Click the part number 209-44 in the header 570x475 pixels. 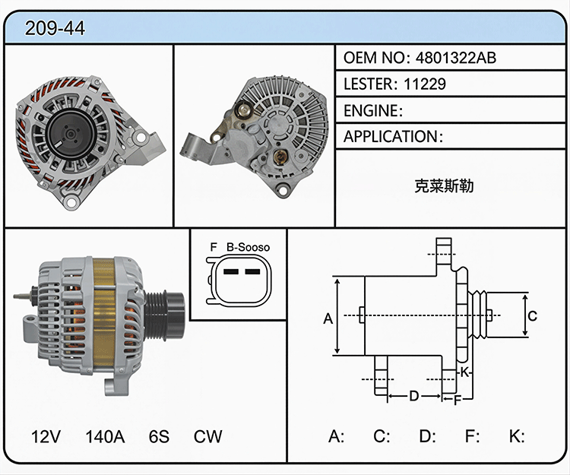[55, 28]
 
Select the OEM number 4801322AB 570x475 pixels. [456, 58]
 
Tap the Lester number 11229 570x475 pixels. [425, 84]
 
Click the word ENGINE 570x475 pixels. [371, 110]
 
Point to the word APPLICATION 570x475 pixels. [391, 137]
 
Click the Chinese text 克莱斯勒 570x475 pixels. [444, 185]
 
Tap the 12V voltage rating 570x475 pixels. [46, 436]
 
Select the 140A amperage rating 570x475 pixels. [105, 436]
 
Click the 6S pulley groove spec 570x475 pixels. [160, 436]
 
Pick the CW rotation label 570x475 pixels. [208, 436]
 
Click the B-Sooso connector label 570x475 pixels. [249, 248]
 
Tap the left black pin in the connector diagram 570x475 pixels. [231, 271]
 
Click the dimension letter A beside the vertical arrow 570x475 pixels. [328, 318]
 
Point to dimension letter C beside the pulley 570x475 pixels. [532, 316]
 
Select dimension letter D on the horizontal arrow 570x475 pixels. [414, 395]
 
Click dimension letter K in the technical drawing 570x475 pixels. [464, 372]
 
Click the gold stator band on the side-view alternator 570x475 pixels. [104, 312]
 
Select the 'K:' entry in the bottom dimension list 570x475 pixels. [517, 436]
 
